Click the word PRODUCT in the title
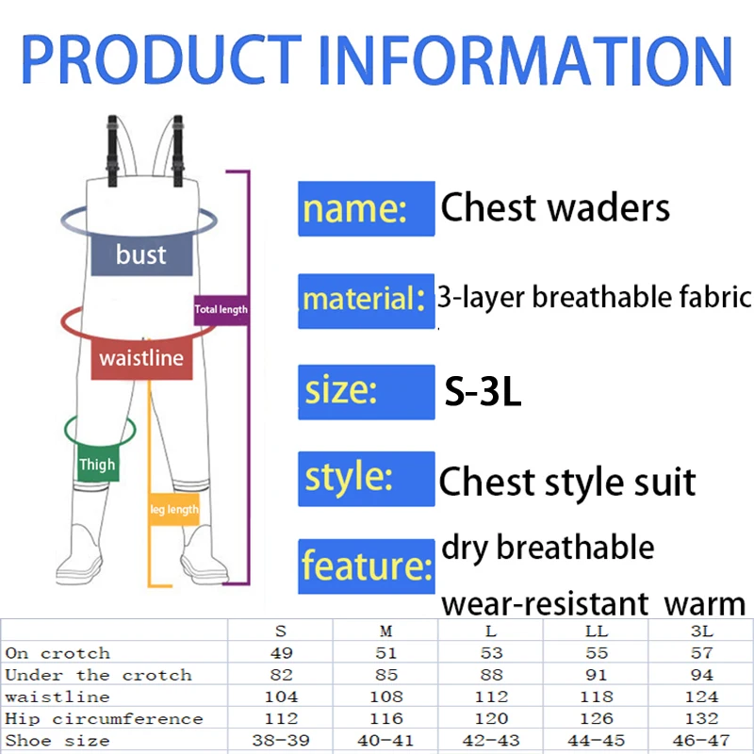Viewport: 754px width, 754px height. tap(161, 58)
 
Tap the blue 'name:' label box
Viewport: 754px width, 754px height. tap(367, 208)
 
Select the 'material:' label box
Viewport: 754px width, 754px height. tap(367, 301)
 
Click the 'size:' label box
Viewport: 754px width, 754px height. tap(367, 392)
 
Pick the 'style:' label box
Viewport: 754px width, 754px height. tap(367, 479)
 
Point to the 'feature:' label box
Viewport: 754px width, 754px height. tap(367, 566)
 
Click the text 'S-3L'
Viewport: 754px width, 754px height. tap(483, 392)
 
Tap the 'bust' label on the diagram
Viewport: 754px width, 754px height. tap(142, 254)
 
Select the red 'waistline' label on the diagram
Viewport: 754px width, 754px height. tap(142, 359)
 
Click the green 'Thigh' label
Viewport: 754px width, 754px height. tap(98, 464)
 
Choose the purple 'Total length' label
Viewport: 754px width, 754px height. tap(221, 310)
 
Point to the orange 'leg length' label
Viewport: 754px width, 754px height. tap(174, 509)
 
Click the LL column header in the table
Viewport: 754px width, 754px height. tap(597, 631)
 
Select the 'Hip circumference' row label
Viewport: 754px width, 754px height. tap(104, 719)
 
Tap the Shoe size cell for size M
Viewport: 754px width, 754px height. tap(385, 740)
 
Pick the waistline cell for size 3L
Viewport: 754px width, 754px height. tap(701, 697)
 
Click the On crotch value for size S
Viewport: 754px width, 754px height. tap(281, 653)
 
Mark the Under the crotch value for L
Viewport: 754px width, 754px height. tap(491, 675)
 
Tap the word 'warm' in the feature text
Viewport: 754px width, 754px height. tap(704, 604)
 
